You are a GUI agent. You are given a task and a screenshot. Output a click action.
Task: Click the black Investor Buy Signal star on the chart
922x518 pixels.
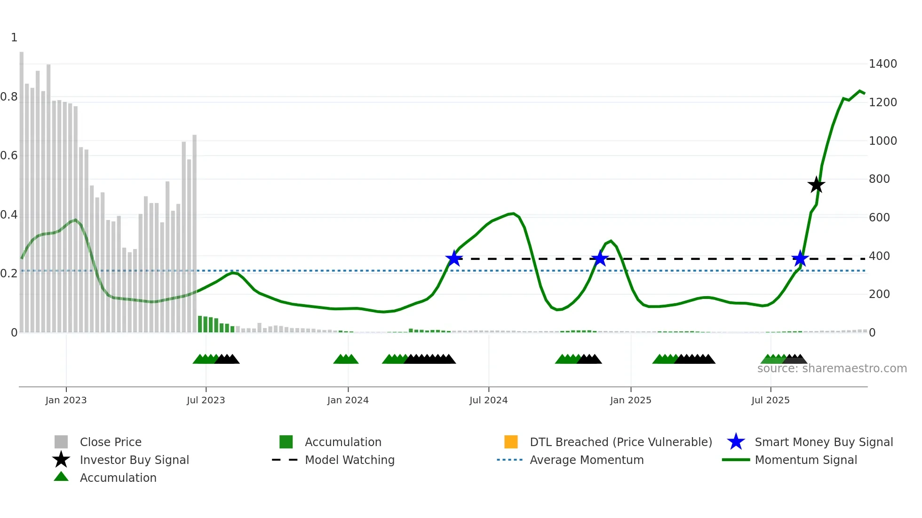[x=816, y=185]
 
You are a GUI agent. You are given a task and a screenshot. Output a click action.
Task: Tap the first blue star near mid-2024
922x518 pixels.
[x=454, y=258]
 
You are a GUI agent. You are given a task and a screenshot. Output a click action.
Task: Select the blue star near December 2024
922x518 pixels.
[x=600, y=258]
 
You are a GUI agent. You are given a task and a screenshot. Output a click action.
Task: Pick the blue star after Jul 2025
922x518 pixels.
[x=800, y=258]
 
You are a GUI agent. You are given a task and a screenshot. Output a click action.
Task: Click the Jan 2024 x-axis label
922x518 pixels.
[x=348, y=400]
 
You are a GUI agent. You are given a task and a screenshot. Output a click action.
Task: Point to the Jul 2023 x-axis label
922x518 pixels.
[x=206, y=400]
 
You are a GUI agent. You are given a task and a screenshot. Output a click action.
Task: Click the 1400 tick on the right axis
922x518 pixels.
[x=882, y=63]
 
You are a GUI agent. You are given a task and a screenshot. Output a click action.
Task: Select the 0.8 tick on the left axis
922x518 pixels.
[x=9, y=97]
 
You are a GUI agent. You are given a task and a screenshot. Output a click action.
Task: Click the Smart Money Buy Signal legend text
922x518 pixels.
[x=823, y=442]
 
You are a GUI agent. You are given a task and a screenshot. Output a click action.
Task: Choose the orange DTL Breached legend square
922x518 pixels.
[x=511, y=442]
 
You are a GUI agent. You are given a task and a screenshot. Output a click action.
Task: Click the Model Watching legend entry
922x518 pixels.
[x=350, y=460]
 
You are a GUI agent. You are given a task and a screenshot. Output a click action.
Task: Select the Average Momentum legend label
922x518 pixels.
[x=586, y=460]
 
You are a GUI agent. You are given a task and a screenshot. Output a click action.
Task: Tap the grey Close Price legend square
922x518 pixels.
[x=61, y=442]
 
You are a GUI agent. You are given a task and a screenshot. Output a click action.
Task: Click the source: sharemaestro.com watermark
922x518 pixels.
[x=832, y=369]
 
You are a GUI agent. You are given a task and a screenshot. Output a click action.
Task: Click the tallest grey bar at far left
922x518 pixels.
[x=22, y=188]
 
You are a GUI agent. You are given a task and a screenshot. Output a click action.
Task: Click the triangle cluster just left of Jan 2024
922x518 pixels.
[x=346, y=359]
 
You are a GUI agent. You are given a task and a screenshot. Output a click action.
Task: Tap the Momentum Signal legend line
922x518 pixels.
[x=736, y=460]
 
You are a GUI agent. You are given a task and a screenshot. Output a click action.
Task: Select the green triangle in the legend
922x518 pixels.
[x=61, y=477]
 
